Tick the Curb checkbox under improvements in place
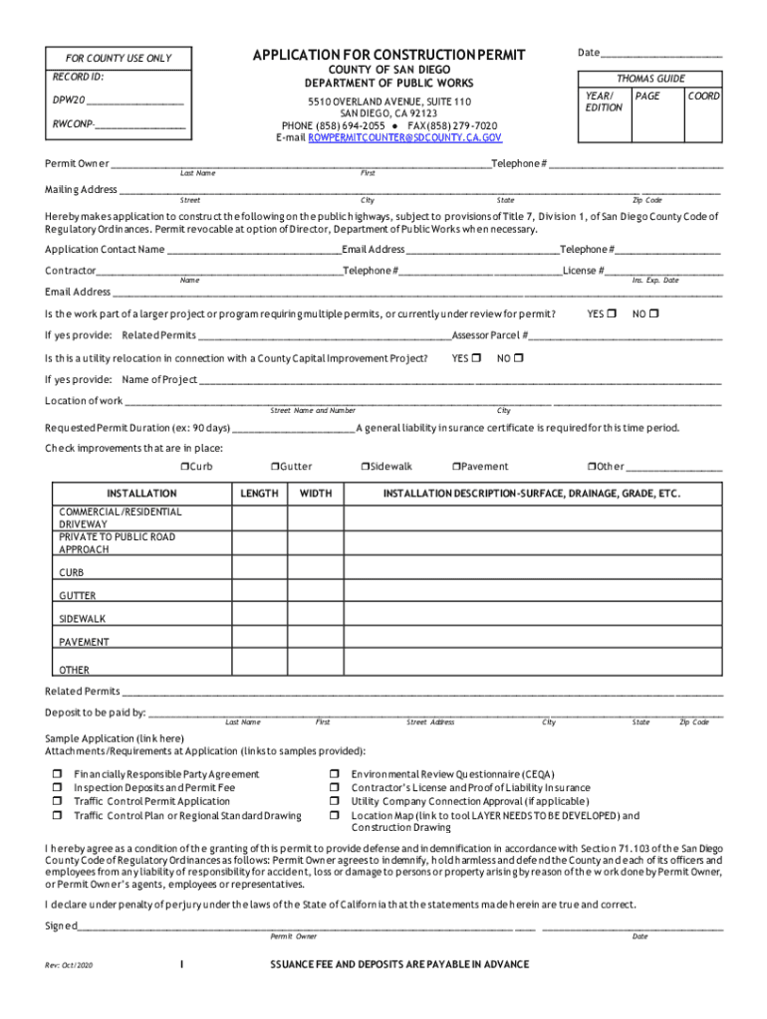click(184, 466)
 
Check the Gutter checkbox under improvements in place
click(274, 466)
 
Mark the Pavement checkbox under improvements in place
click(454, 466)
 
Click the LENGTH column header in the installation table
click(259, 494)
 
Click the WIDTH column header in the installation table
click(316, 494)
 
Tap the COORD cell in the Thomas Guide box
click(704, 97)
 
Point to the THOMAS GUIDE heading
click(651, 78)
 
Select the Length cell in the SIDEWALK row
click(259, 617)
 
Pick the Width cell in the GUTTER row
click(316, 594)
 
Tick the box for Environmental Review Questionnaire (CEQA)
click(335, 773)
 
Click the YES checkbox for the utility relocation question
click(476, 358)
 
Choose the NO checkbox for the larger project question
click(654, 314)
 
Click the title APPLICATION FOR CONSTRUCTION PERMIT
click(388, 54)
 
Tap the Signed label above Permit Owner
click(61, 925)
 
